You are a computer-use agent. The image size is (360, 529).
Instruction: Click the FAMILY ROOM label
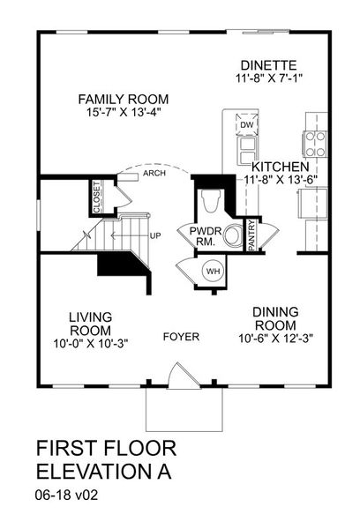123,99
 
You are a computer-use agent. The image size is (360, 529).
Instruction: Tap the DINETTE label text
269,65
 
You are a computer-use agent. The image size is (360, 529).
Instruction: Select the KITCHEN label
280,167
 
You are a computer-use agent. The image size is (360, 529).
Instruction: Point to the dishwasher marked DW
245,125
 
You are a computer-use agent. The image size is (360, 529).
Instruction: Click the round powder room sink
233,236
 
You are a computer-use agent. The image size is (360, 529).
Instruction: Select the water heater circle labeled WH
213,271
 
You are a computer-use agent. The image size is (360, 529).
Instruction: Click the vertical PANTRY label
251,236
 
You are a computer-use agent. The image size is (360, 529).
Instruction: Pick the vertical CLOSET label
97,197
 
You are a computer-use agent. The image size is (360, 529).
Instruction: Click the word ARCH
155,175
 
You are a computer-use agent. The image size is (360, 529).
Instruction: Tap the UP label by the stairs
155,236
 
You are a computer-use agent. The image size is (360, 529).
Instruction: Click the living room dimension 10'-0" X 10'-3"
93,343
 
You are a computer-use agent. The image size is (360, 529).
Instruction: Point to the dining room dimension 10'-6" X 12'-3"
275,337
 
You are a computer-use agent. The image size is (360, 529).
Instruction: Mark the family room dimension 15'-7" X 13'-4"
123,112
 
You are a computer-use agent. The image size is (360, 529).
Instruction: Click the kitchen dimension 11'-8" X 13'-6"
280,181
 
